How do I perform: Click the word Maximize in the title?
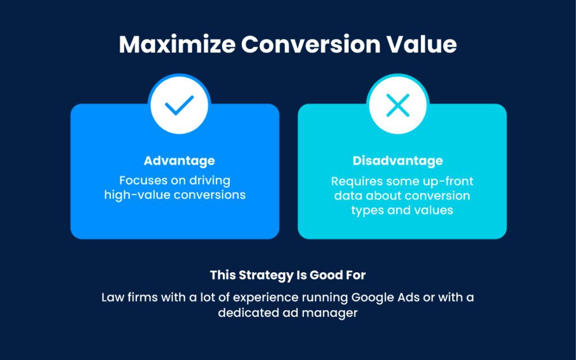(x=177, y=44)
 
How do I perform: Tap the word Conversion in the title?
(x=310, y=44)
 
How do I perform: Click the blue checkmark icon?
(x=179, y=105)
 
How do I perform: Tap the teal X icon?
(x=398, y=105)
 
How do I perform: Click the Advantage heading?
(x=179, y=161)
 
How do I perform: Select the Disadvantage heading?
(x=398, y=161)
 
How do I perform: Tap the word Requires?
(x=352, y=181)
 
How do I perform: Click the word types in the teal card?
(x=364, y=210)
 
